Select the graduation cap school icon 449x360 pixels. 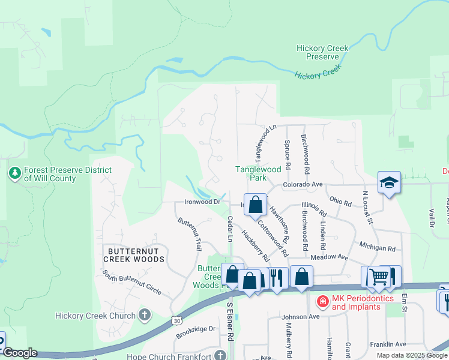point(389,182)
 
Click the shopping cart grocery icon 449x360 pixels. point(379,277)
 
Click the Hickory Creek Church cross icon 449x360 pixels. point(144,314)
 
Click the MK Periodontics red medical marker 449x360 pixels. point(322,301)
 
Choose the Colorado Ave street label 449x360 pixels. point(304,185)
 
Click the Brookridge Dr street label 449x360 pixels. point(195,329)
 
